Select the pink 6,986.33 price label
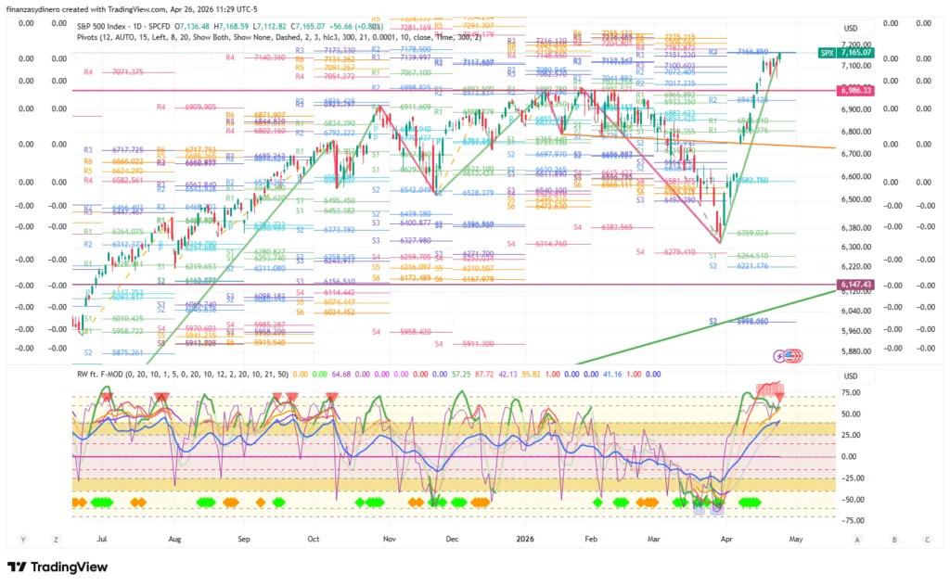(x=854, y=90)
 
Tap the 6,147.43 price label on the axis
(x=854, y=285)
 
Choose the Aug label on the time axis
(x=173, y=539)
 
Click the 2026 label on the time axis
(x=524, y=539)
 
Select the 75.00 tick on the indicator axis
(x=849, y=392)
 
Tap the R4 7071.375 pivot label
(x=113, y=71)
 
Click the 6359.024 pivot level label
(x=751, y=233)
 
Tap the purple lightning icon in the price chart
(x=780, y=355)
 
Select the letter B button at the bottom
(x=893, y=539)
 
